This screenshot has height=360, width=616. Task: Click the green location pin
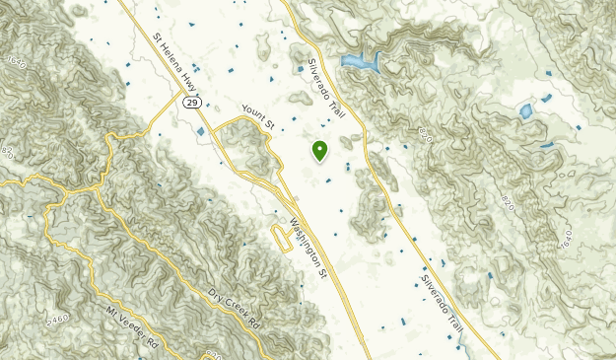coord(319,151)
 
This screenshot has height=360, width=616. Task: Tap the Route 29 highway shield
coord(193,102)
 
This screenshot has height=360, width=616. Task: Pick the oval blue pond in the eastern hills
coord(526,110)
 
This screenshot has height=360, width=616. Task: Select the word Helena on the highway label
coord(174,61)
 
